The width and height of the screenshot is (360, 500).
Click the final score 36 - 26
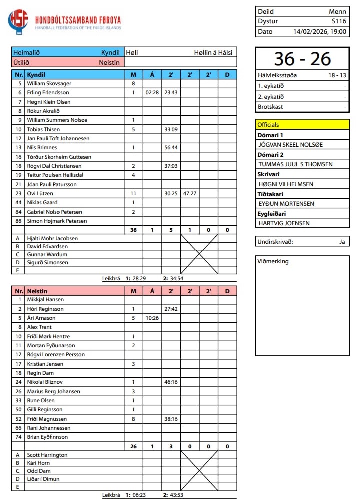[302, 59]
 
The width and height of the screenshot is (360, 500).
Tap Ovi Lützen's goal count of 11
[133, 193]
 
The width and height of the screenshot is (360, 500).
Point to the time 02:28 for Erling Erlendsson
[152, 93]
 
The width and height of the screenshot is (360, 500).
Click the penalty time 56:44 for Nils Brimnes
[171, 148]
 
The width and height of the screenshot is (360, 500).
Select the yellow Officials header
[302, 125]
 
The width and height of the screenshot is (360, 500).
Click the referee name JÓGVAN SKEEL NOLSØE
[290, 145]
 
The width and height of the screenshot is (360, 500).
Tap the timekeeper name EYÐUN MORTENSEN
[287, 204]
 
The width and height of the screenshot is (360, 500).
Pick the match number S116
[339, 21]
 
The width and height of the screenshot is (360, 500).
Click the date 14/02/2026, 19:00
[320, 31]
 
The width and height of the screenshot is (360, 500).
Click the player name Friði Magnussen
[47, 419]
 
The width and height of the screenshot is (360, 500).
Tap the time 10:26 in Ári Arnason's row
[152, 318]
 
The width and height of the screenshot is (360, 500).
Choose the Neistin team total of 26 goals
[133, 446]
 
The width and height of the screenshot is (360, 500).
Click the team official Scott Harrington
[47, 455]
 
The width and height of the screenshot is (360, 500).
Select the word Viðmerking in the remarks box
[273, 261]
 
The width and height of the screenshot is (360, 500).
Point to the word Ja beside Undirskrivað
[342, 242]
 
